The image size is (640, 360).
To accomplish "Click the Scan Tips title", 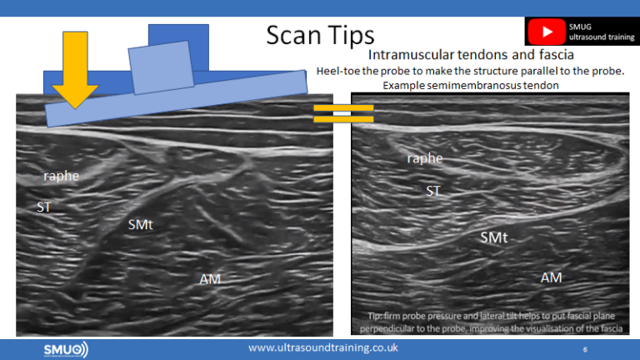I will click(320, 35).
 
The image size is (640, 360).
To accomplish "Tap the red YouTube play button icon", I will click(547, 32).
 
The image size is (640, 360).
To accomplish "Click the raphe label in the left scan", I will click(62, 176).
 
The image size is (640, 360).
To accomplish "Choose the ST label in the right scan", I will click(433, 191).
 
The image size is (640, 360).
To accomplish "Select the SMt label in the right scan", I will click(494, 238).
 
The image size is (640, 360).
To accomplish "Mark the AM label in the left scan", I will click(210, 277).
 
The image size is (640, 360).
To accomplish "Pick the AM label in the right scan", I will click(551, 277).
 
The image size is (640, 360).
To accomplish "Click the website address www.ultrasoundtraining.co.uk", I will click(322, 347).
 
